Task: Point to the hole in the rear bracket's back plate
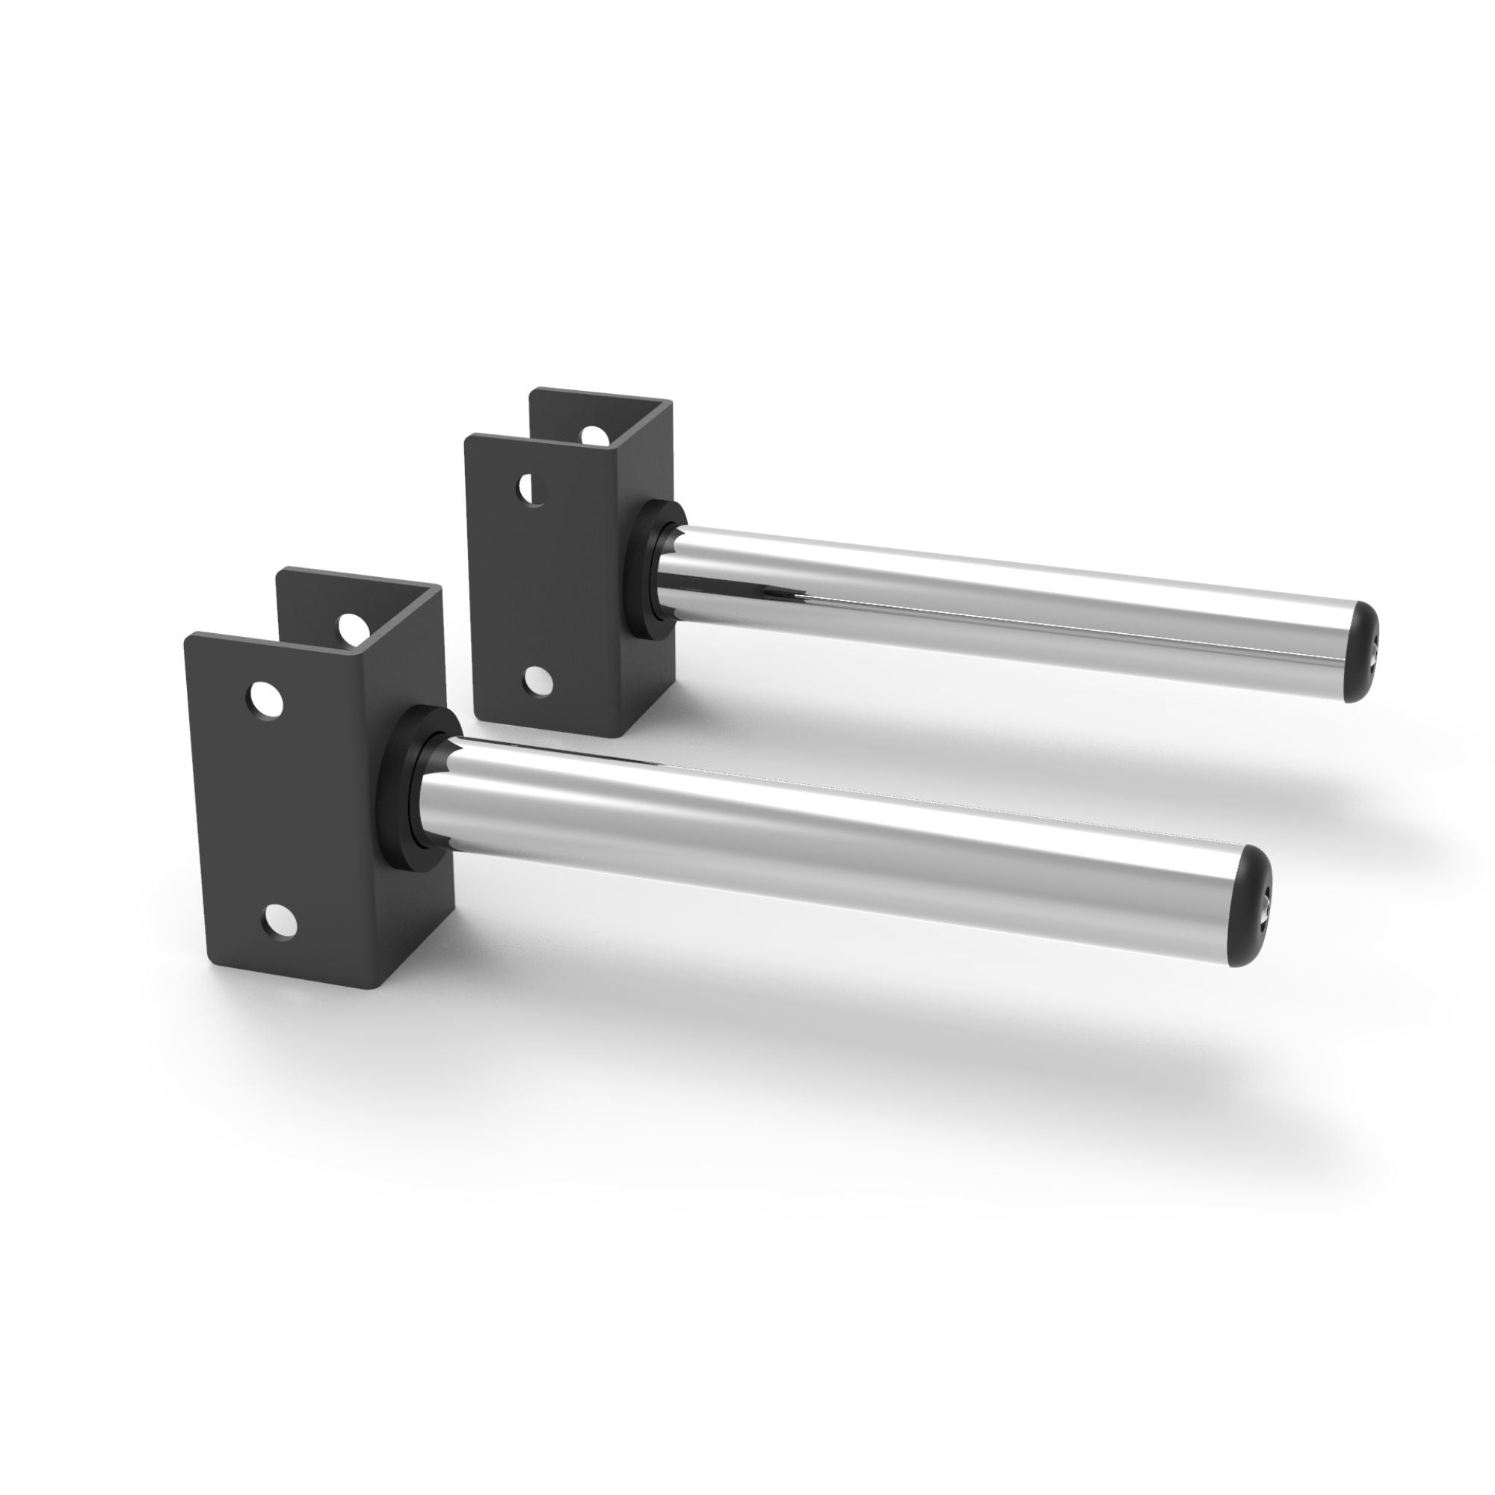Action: point(594,437)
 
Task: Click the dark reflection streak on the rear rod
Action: point(782,594)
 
